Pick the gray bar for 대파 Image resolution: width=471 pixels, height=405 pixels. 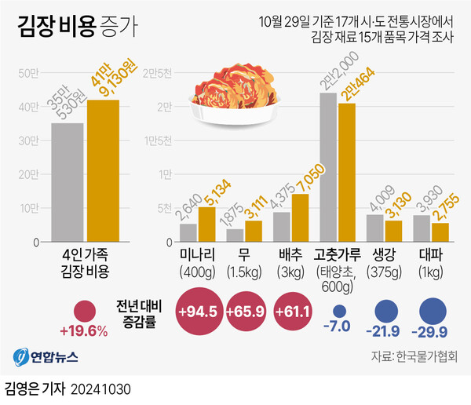point(422,229)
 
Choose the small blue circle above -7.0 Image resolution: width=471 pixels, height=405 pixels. point(339,310)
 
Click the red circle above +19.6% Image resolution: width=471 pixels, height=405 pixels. point(84,311)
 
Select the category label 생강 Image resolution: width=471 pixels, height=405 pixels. point(385,255)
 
